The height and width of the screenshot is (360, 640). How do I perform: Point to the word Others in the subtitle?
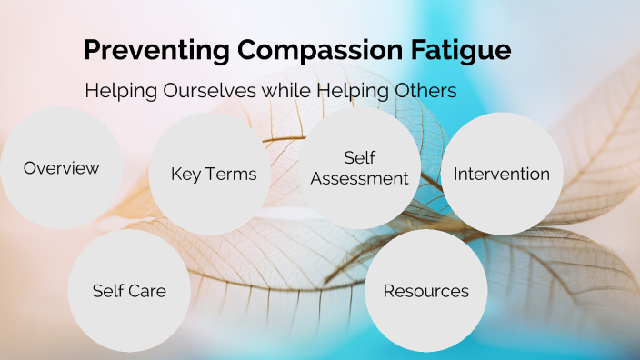click(x=421, y=91)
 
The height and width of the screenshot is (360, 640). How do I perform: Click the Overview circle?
click(x=61, y=168)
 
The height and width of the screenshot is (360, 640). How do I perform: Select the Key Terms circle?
click(x=214, y=174)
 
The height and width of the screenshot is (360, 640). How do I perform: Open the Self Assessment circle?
click(x=360, y=168)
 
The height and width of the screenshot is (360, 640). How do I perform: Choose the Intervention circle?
click(x=502, y=174)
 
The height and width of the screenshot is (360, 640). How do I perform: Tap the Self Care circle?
click(x=129, y=291)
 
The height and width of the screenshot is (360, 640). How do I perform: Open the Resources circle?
click(x=426, y=291)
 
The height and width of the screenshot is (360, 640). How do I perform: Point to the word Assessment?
click(x=360, y=178)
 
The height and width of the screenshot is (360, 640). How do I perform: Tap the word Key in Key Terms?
click(x=185, y=174)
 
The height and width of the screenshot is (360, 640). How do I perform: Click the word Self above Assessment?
click(x=360, y=158)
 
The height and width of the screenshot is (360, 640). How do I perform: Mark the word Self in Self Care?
click(x=107, y=291)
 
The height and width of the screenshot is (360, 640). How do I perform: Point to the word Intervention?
click(x=502, y=174)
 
